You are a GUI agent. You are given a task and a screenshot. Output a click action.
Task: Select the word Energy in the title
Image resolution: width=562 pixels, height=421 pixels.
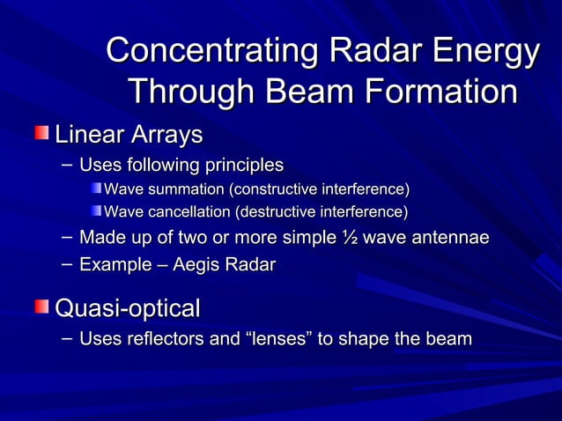click(x=489, y=51)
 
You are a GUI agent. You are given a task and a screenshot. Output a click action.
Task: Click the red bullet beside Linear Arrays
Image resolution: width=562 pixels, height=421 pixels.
click(x=42, y=134)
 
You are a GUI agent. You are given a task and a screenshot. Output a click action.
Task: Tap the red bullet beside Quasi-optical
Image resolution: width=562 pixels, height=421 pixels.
click(x=42, y=307)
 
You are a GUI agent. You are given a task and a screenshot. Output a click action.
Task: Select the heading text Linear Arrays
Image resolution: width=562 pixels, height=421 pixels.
click(x=129, y=135)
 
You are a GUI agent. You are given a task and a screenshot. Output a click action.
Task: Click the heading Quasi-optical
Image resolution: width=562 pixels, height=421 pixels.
click(x=128, y=308)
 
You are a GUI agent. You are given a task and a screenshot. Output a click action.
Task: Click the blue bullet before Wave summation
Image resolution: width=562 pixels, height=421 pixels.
click(x=95, y=188)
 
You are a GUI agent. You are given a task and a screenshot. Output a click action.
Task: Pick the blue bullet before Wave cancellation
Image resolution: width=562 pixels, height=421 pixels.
click(x=95, y=210)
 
